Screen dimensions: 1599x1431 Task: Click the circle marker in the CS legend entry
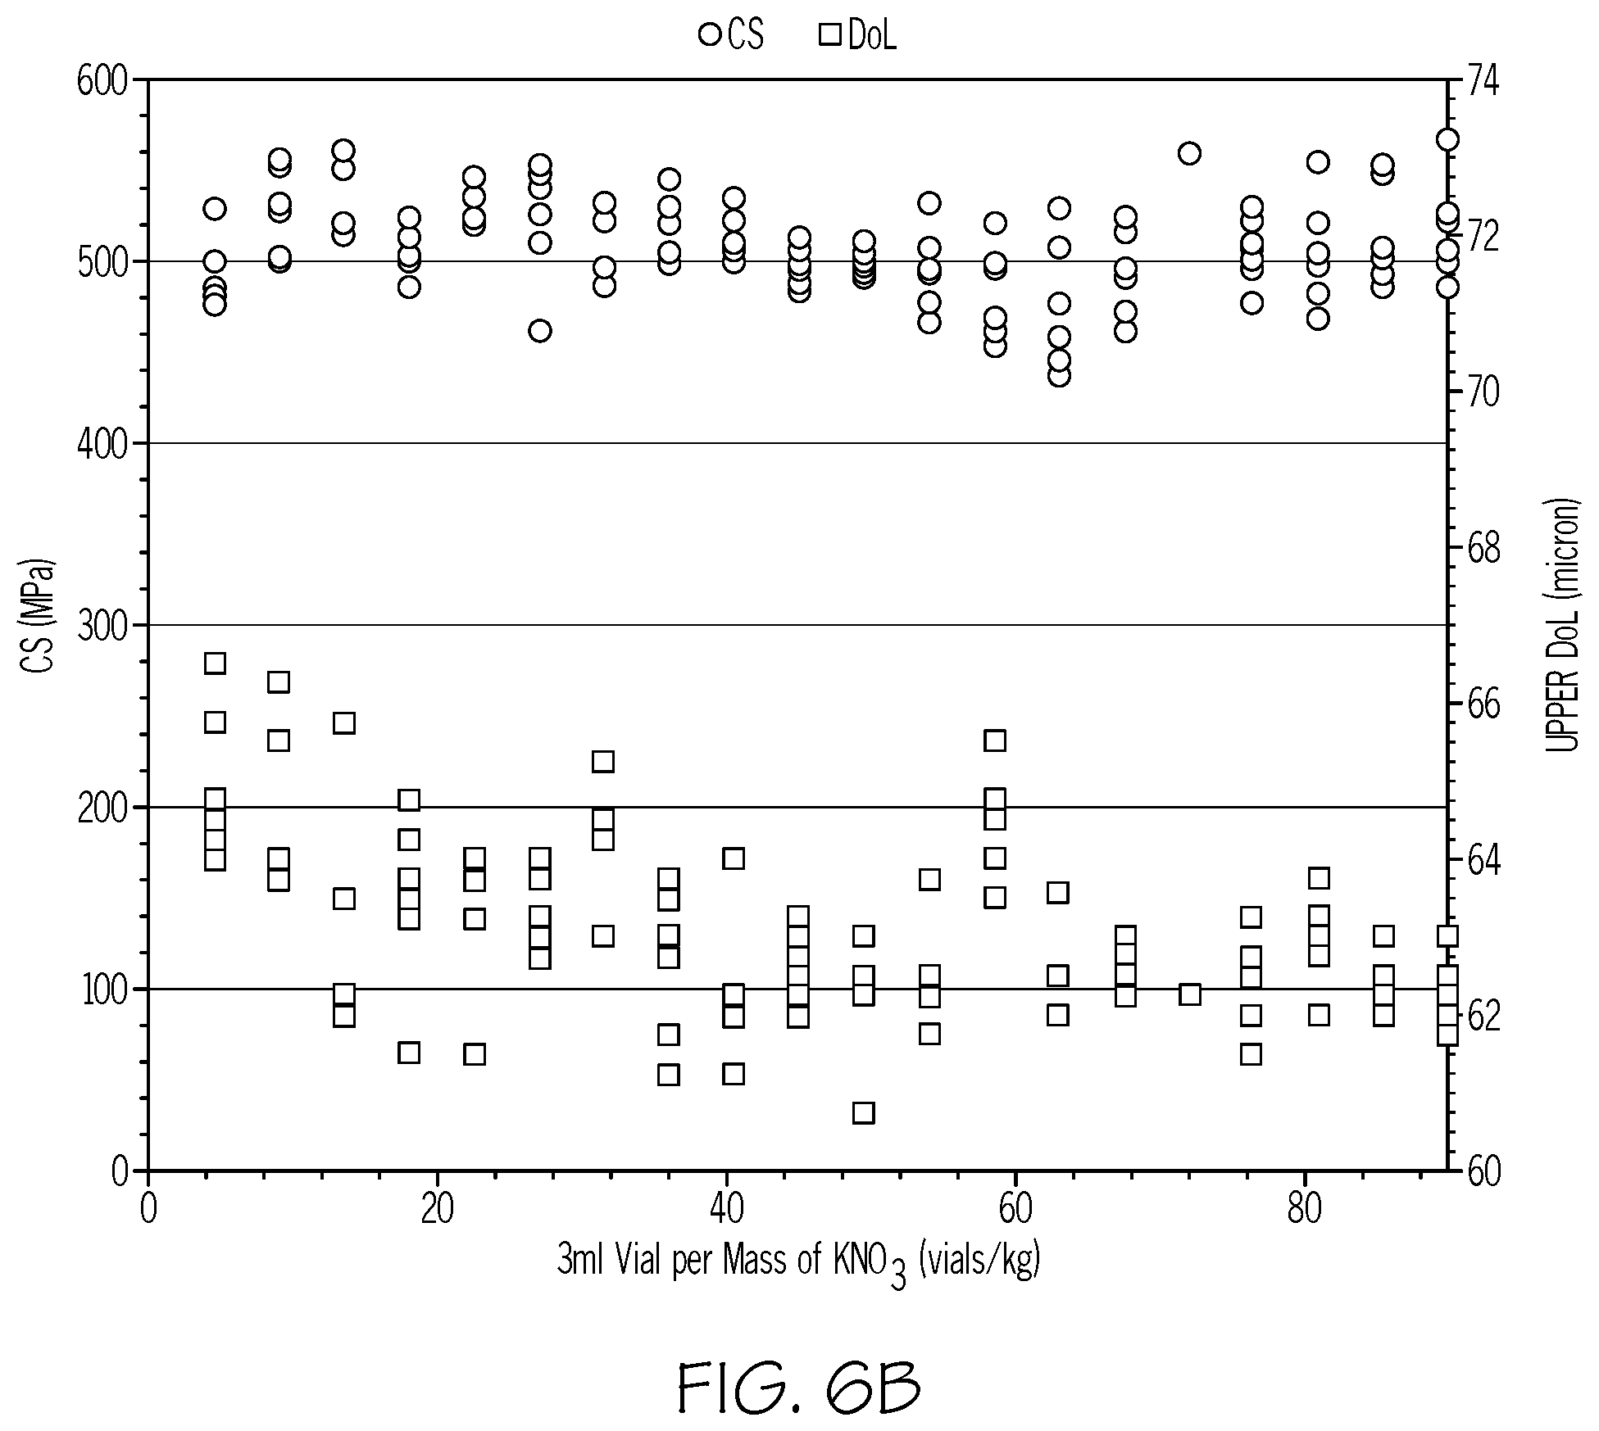point(710,34)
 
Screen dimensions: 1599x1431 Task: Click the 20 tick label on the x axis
point(437,1210)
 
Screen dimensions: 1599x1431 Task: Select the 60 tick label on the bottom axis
point(1015,1210)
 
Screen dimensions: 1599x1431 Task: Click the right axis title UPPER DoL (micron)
point(1563,625)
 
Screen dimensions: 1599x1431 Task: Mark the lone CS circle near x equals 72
point(1189,153)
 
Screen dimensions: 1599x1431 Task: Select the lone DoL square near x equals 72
point(1189,994)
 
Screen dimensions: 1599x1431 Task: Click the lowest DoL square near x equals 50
point(864,1112)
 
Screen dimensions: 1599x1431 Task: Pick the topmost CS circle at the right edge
point(1447,139)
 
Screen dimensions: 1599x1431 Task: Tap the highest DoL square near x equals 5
point(215,663)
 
